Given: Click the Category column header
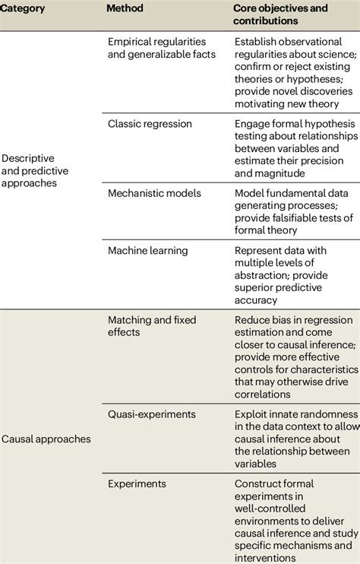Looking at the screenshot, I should tap(24, 9).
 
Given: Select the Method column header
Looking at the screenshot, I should tap(126, 9).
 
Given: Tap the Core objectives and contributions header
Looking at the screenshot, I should tap(280, 14).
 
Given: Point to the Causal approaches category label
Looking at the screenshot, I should tap(46, 439).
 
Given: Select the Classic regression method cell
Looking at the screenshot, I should tap(150, 123).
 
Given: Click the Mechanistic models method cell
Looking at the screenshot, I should tap(153, 193).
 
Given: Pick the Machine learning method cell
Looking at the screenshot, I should tap(147, 250).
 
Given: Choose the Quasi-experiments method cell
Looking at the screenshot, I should tap(152, 414).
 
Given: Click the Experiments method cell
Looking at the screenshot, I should tap(137, 483).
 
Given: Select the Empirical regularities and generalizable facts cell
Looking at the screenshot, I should tap(162, 48).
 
